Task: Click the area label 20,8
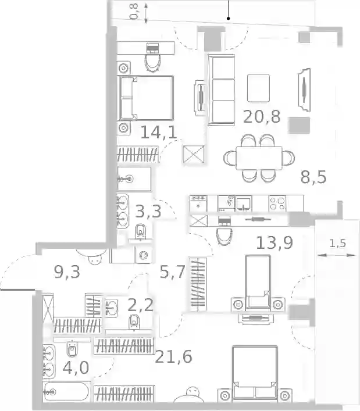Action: click(x=262, y=117)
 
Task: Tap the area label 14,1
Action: click(x=159, y=132)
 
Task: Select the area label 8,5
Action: click(x=313, y=177)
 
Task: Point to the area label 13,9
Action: click(x=275, y=242)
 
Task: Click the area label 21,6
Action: click(x=173, y=357)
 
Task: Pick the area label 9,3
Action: click(x=67, y=272)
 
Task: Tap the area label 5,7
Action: click(x=173, y=271)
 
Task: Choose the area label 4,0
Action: click(x=76, y=367)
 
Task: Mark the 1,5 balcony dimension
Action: click(x=337, y=244)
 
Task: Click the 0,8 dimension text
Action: click(x=134, y=12)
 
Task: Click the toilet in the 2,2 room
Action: click(x=134, y=322)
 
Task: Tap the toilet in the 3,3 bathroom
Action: click(x=141, y=231)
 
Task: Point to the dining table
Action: click(x=259, y=158)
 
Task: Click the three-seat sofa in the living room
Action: click(x=221, y=90)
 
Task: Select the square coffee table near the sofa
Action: click(x=259, y=88)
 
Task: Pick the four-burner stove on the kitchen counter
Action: click(x=277, y=203)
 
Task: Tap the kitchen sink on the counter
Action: click(x=244, y=204)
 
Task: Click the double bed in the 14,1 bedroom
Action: click(x=147, y=98)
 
